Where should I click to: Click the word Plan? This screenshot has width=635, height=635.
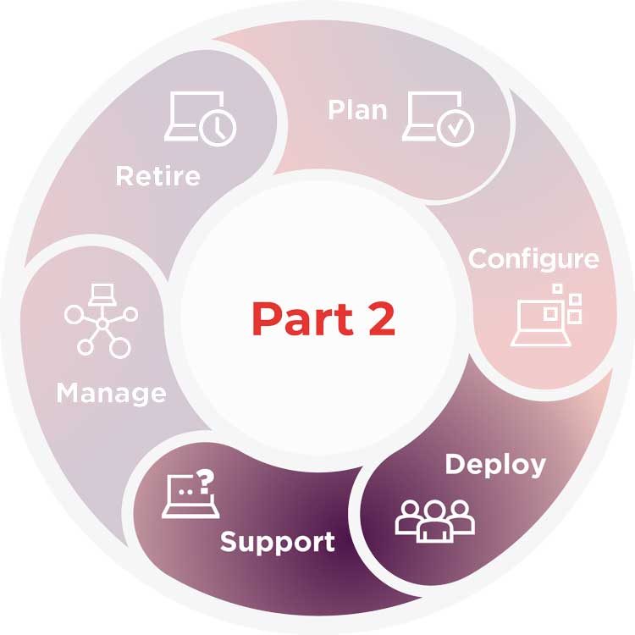click(x=357, y=111)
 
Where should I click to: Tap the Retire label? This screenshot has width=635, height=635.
click(x=158, y=176)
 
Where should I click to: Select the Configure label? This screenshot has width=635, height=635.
click(x=533, y=258)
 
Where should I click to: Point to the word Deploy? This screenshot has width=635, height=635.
click(x=495, y=464)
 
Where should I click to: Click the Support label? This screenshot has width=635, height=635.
click(x=278, y=541)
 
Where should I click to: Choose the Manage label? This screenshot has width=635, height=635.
click(x=111, y=393)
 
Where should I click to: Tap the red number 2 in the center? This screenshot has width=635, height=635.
click(x=378, y=318)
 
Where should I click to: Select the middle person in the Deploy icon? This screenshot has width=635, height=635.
click(x=435, y=522)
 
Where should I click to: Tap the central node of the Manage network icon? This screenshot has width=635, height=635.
click(x=102, y=323)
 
